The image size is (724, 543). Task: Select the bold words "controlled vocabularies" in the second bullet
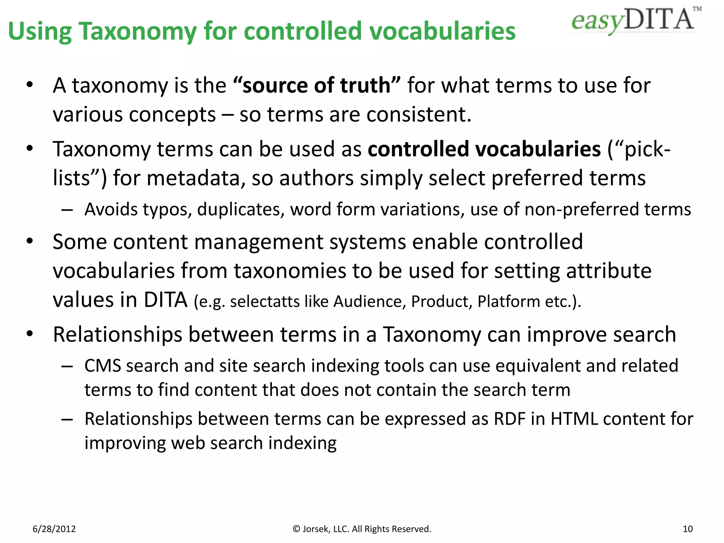tap(484, 149)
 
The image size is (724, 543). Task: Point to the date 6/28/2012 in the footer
tap(54, 529)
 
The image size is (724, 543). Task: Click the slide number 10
tap(688, 529)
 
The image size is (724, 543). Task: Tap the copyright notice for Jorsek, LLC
tap(362, 529)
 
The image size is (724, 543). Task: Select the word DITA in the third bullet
tap(165, 300)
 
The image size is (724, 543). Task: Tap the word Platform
tap(508, 302)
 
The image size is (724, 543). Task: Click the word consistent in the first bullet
tap(419, 115)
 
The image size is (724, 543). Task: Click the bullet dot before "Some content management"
tap(30, 241)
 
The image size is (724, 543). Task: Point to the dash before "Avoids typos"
tap(67, 210)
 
